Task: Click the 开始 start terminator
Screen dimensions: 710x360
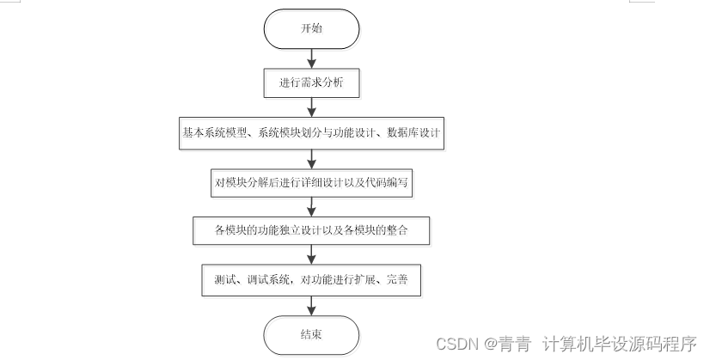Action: point(311,28)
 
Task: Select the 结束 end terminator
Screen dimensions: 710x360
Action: point(311,335)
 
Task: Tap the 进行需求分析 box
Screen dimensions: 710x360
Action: point(311,82)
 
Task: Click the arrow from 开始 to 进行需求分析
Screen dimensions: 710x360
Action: point(311,58)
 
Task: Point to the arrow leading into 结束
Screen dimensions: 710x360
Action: point(311,306)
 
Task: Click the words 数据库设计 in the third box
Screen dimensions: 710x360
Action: point(413,132)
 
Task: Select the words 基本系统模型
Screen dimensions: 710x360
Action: point(214,132)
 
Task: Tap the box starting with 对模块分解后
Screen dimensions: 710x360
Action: point(311,182)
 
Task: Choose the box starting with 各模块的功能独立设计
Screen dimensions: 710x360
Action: point(311,231)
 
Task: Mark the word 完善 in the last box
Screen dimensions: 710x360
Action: point(397,279)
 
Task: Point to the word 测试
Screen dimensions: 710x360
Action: point(225,279)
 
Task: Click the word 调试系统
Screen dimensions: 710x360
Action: point(268,279)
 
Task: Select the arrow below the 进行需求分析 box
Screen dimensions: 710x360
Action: point(311,107)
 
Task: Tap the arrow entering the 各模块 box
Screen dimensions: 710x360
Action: point(311,207)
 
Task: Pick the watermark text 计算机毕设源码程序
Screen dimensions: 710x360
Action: point(620,345)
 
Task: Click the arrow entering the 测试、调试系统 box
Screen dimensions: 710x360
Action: point(311,254)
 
